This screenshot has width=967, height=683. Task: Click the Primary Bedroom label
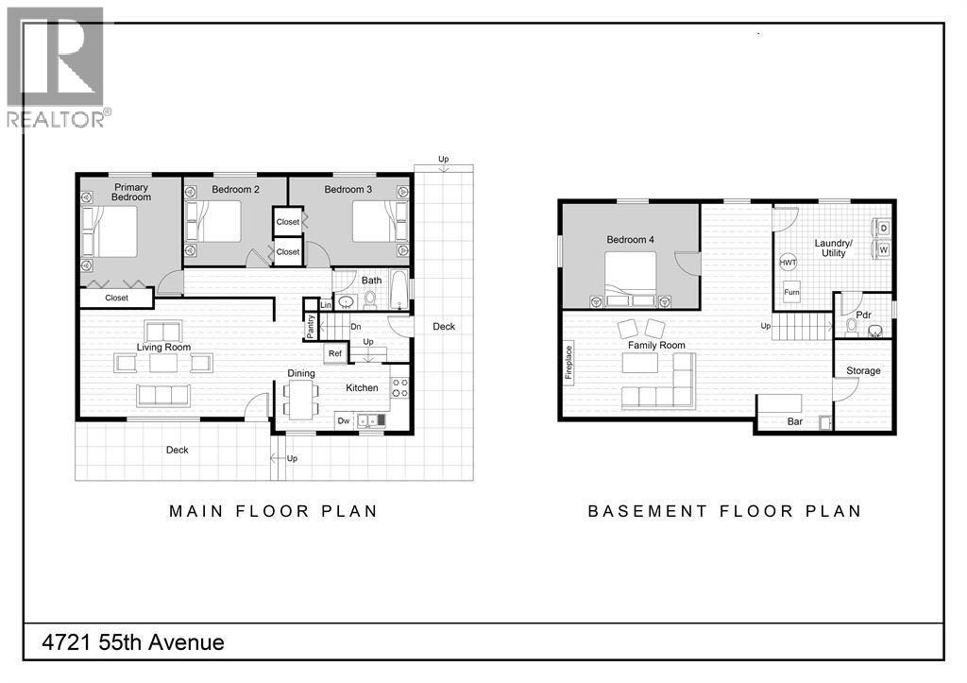coord(130,192)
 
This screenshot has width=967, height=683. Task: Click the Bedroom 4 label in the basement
coord(630,240)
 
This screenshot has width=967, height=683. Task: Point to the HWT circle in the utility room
coord(788,263)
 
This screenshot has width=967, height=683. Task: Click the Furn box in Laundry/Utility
coord(791,293)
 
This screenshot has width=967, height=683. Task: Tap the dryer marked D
coord(883,229)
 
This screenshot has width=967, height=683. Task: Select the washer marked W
coord(883,250)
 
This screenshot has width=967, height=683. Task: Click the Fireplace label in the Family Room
coord(568,362)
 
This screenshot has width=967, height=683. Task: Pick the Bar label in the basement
coord(795,421)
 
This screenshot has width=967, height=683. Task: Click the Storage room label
coord(862,371)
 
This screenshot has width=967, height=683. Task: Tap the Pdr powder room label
coord(862,315)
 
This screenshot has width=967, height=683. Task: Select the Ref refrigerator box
coord(334,354)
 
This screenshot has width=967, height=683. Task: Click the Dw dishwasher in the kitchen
coord(344,420)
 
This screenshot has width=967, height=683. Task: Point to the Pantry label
coord(311,325)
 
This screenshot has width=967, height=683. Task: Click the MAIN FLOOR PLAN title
coord(273,511)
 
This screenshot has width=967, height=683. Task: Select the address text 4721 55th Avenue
coord(133,643)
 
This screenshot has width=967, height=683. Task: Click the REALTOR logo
coord(57,66)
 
